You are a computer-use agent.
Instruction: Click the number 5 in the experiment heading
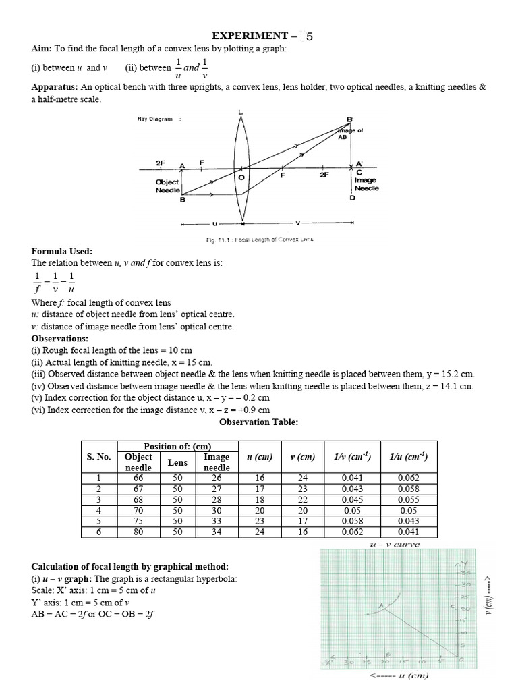coord(310,37)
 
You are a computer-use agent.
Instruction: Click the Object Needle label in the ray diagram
coord(167,186)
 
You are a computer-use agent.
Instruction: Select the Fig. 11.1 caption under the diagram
coord(260,240)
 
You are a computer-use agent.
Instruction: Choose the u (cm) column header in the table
coord(259,457)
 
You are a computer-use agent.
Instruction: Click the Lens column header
coord(177,462)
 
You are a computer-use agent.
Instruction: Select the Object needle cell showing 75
coord(139,522)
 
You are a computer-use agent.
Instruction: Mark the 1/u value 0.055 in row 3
coord(408,500)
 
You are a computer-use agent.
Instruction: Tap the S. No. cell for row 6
coord(98,532)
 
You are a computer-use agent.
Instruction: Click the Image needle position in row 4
coord(217,511)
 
